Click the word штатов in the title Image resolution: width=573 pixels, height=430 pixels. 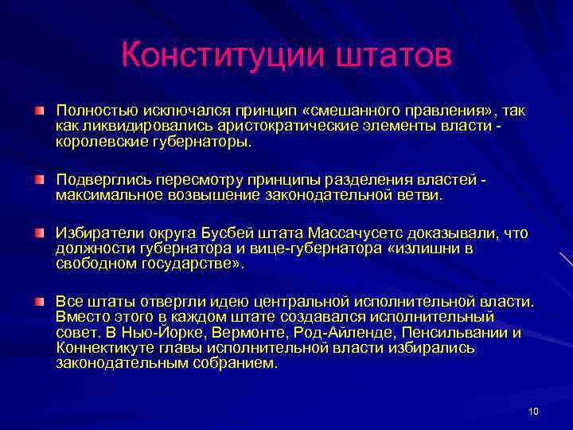(390, 57)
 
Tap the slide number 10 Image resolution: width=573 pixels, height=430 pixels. (533, 411)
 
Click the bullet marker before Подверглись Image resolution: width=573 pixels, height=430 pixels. (39, 179)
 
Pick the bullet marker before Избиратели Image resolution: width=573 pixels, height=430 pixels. (39, 232)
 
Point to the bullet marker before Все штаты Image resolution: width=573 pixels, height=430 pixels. (39, 302)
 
